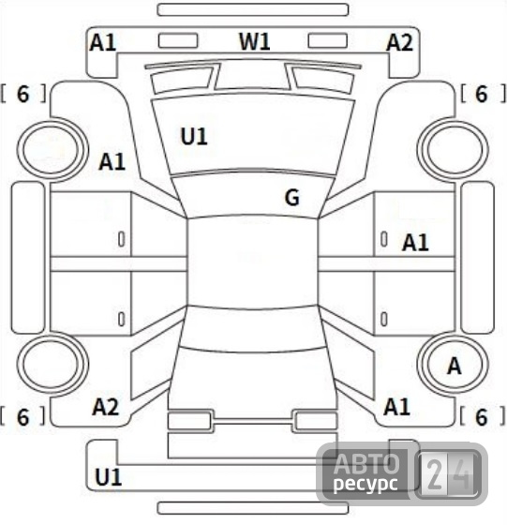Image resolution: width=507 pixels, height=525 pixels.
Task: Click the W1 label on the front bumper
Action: [254, 42]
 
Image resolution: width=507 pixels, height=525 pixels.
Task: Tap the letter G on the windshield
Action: [291, 197]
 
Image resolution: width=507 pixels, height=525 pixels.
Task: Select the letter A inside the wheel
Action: [455, 366]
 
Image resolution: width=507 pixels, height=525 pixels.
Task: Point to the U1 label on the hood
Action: [194, 136]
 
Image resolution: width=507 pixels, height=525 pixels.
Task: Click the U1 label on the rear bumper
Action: [108, 477]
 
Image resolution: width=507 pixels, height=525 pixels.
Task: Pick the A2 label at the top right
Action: [399, 43]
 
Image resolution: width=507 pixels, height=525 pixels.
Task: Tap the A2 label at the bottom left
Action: [105, 407]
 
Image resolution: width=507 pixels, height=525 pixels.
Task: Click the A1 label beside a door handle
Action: [415, 243]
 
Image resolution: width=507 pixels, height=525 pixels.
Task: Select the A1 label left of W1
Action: [103, 43]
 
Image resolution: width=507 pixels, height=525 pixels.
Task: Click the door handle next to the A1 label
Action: [384, 239]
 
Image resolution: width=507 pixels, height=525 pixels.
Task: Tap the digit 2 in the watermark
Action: [434, 474]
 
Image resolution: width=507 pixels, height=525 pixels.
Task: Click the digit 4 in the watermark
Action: [463, 474]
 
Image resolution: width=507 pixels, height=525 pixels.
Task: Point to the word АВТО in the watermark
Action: [366, 464]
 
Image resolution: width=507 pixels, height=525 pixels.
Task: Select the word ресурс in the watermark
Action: [365, 484]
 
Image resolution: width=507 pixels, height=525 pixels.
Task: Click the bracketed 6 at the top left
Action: [23, 94]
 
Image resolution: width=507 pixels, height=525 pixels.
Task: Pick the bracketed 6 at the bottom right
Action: [482, 417]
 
